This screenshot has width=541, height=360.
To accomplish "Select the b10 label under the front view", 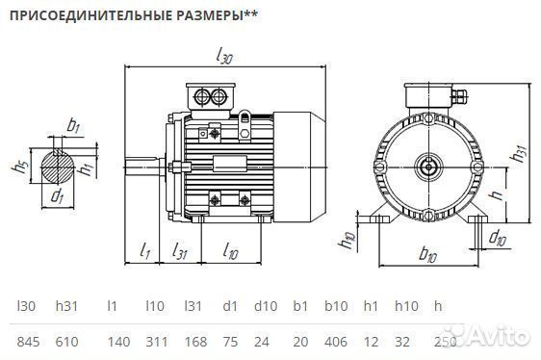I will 429,256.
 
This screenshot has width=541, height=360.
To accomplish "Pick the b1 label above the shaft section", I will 73,125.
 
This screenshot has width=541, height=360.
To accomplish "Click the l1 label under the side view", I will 144,252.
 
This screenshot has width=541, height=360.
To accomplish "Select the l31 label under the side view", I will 179,252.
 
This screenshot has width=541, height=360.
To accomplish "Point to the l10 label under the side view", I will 230,252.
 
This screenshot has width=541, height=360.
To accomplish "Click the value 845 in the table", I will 29,342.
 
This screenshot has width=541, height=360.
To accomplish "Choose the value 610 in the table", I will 67,342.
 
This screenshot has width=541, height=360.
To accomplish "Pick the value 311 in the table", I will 155,342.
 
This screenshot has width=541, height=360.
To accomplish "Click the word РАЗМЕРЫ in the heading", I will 204,16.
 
